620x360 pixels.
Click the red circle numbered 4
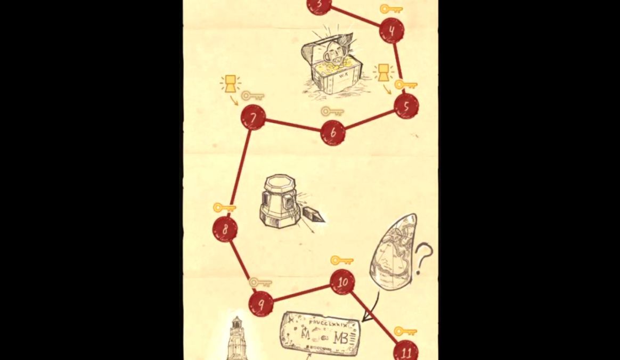tap(391, 30)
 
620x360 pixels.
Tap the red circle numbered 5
tap(406, 107)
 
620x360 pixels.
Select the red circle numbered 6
tap(333, 133)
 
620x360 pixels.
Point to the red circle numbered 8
tap(225, 230)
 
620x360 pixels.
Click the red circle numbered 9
tap(262, 304)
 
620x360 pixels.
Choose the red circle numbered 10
tap(342, 282)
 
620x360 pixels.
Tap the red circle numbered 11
tap(406, 351)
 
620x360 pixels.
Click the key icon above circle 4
tap(391, 9)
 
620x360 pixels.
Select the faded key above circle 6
tap(332, 112)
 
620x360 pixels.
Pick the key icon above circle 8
tap(224, 207)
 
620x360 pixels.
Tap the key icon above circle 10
tap(342, 260)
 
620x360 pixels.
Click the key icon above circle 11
tap(405, 331)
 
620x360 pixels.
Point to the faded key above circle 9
tap(260, 282)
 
